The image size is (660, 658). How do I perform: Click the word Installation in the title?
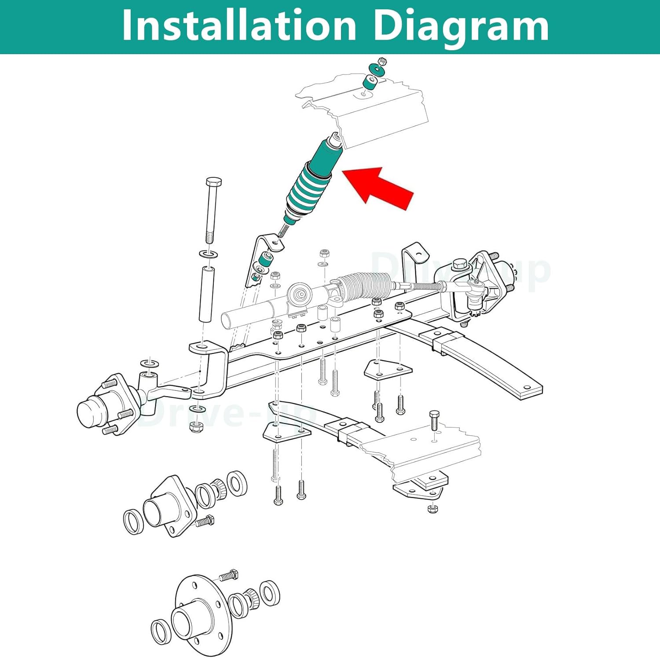point(238,26)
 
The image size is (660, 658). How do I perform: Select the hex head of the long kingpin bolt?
point(214,182)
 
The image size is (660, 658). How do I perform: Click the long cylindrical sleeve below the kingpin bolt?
point(206,295)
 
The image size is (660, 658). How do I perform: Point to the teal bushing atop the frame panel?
point(371,82)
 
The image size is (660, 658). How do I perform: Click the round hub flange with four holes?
point(200,616)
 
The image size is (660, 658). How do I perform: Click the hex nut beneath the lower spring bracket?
point(433,509)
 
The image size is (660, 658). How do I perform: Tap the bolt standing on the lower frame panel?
point(434,420)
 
